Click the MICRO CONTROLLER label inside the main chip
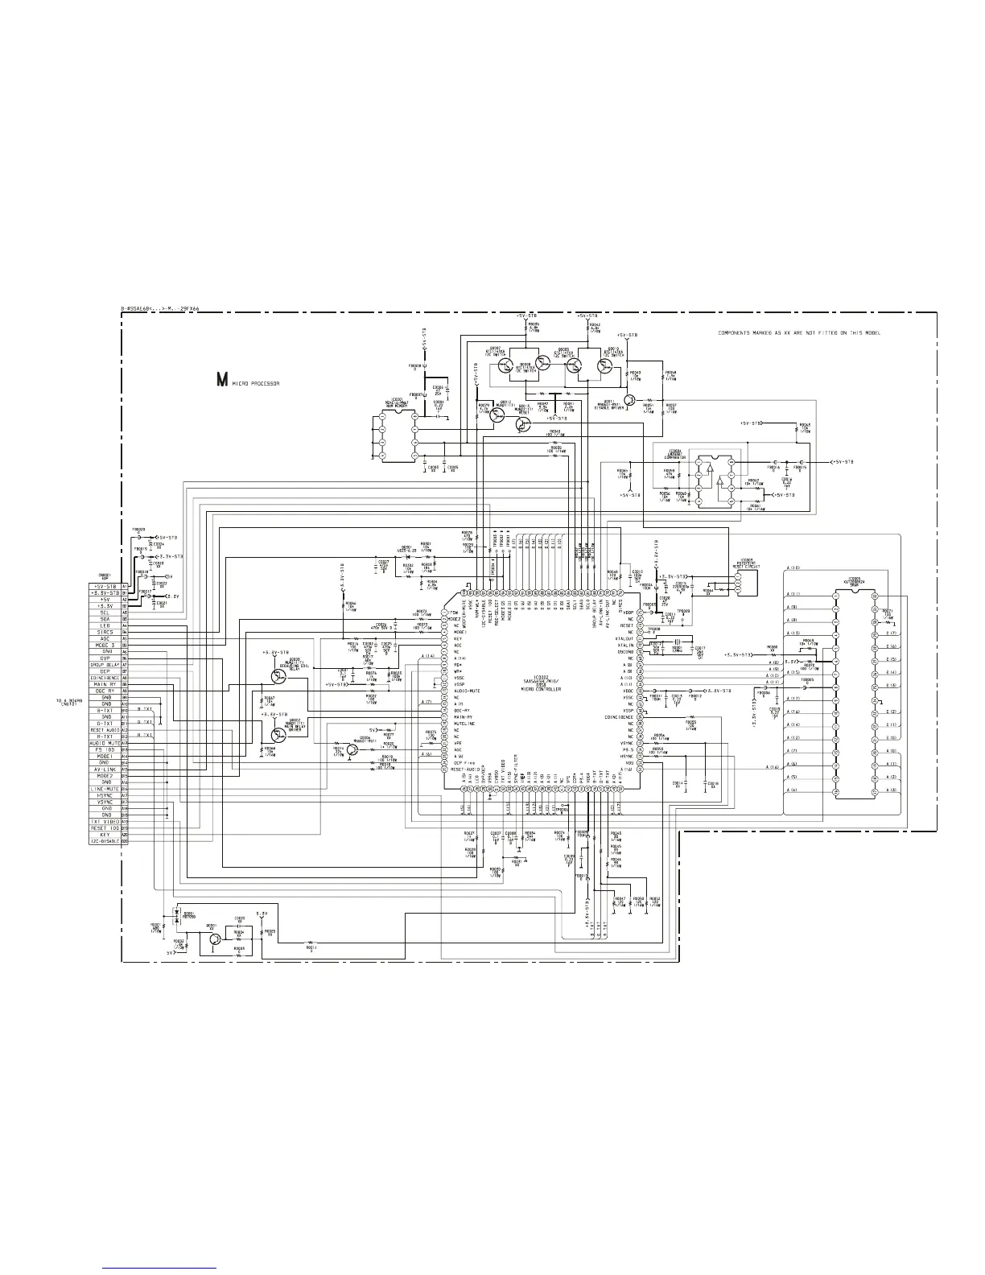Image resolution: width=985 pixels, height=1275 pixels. tap(540, 689)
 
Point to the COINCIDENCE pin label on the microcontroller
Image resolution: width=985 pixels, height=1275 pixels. tap(620, 716)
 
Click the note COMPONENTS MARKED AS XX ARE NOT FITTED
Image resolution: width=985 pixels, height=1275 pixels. tap(809, 332)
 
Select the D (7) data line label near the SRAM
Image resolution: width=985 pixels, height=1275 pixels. tap(891, 633)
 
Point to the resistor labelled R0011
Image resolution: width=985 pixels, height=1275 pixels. tap(311, 943)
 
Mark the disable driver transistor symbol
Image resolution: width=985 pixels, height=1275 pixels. tap(633, 399)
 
